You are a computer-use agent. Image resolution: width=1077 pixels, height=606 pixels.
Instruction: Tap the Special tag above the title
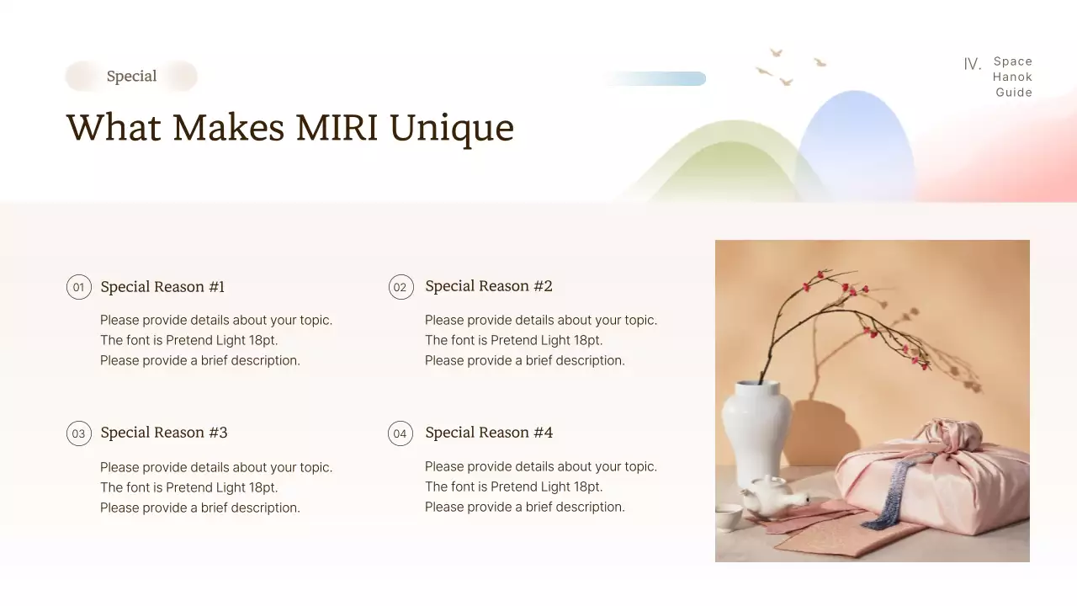(x=131, y=77)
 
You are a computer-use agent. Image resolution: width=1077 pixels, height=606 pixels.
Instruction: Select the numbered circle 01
(x=78, y=287)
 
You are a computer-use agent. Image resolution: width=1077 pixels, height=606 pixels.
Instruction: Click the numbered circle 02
(x=401, y=287)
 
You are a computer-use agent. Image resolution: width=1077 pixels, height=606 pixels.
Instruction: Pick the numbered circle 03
(x=78, y=433)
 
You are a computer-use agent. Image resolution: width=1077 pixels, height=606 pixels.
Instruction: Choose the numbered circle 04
(x=401, y=433)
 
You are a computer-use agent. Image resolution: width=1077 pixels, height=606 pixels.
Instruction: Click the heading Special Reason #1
(x=162, y=287)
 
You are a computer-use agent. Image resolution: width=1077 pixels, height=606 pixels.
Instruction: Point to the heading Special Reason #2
(x=488, y=286)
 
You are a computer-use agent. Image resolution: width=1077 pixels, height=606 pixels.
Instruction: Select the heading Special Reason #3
(x=163, y=433)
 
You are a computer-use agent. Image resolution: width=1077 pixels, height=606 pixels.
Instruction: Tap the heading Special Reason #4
(x=488, y=433)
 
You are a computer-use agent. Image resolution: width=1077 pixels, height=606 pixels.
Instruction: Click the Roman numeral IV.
(x=972, y=65)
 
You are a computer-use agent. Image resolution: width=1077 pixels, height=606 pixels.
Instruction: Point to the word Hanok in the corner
(x=1012, y=77)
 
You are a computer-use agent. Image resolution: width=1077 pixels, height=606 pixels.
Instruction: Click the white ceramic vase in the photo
(x=756, y=429)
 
